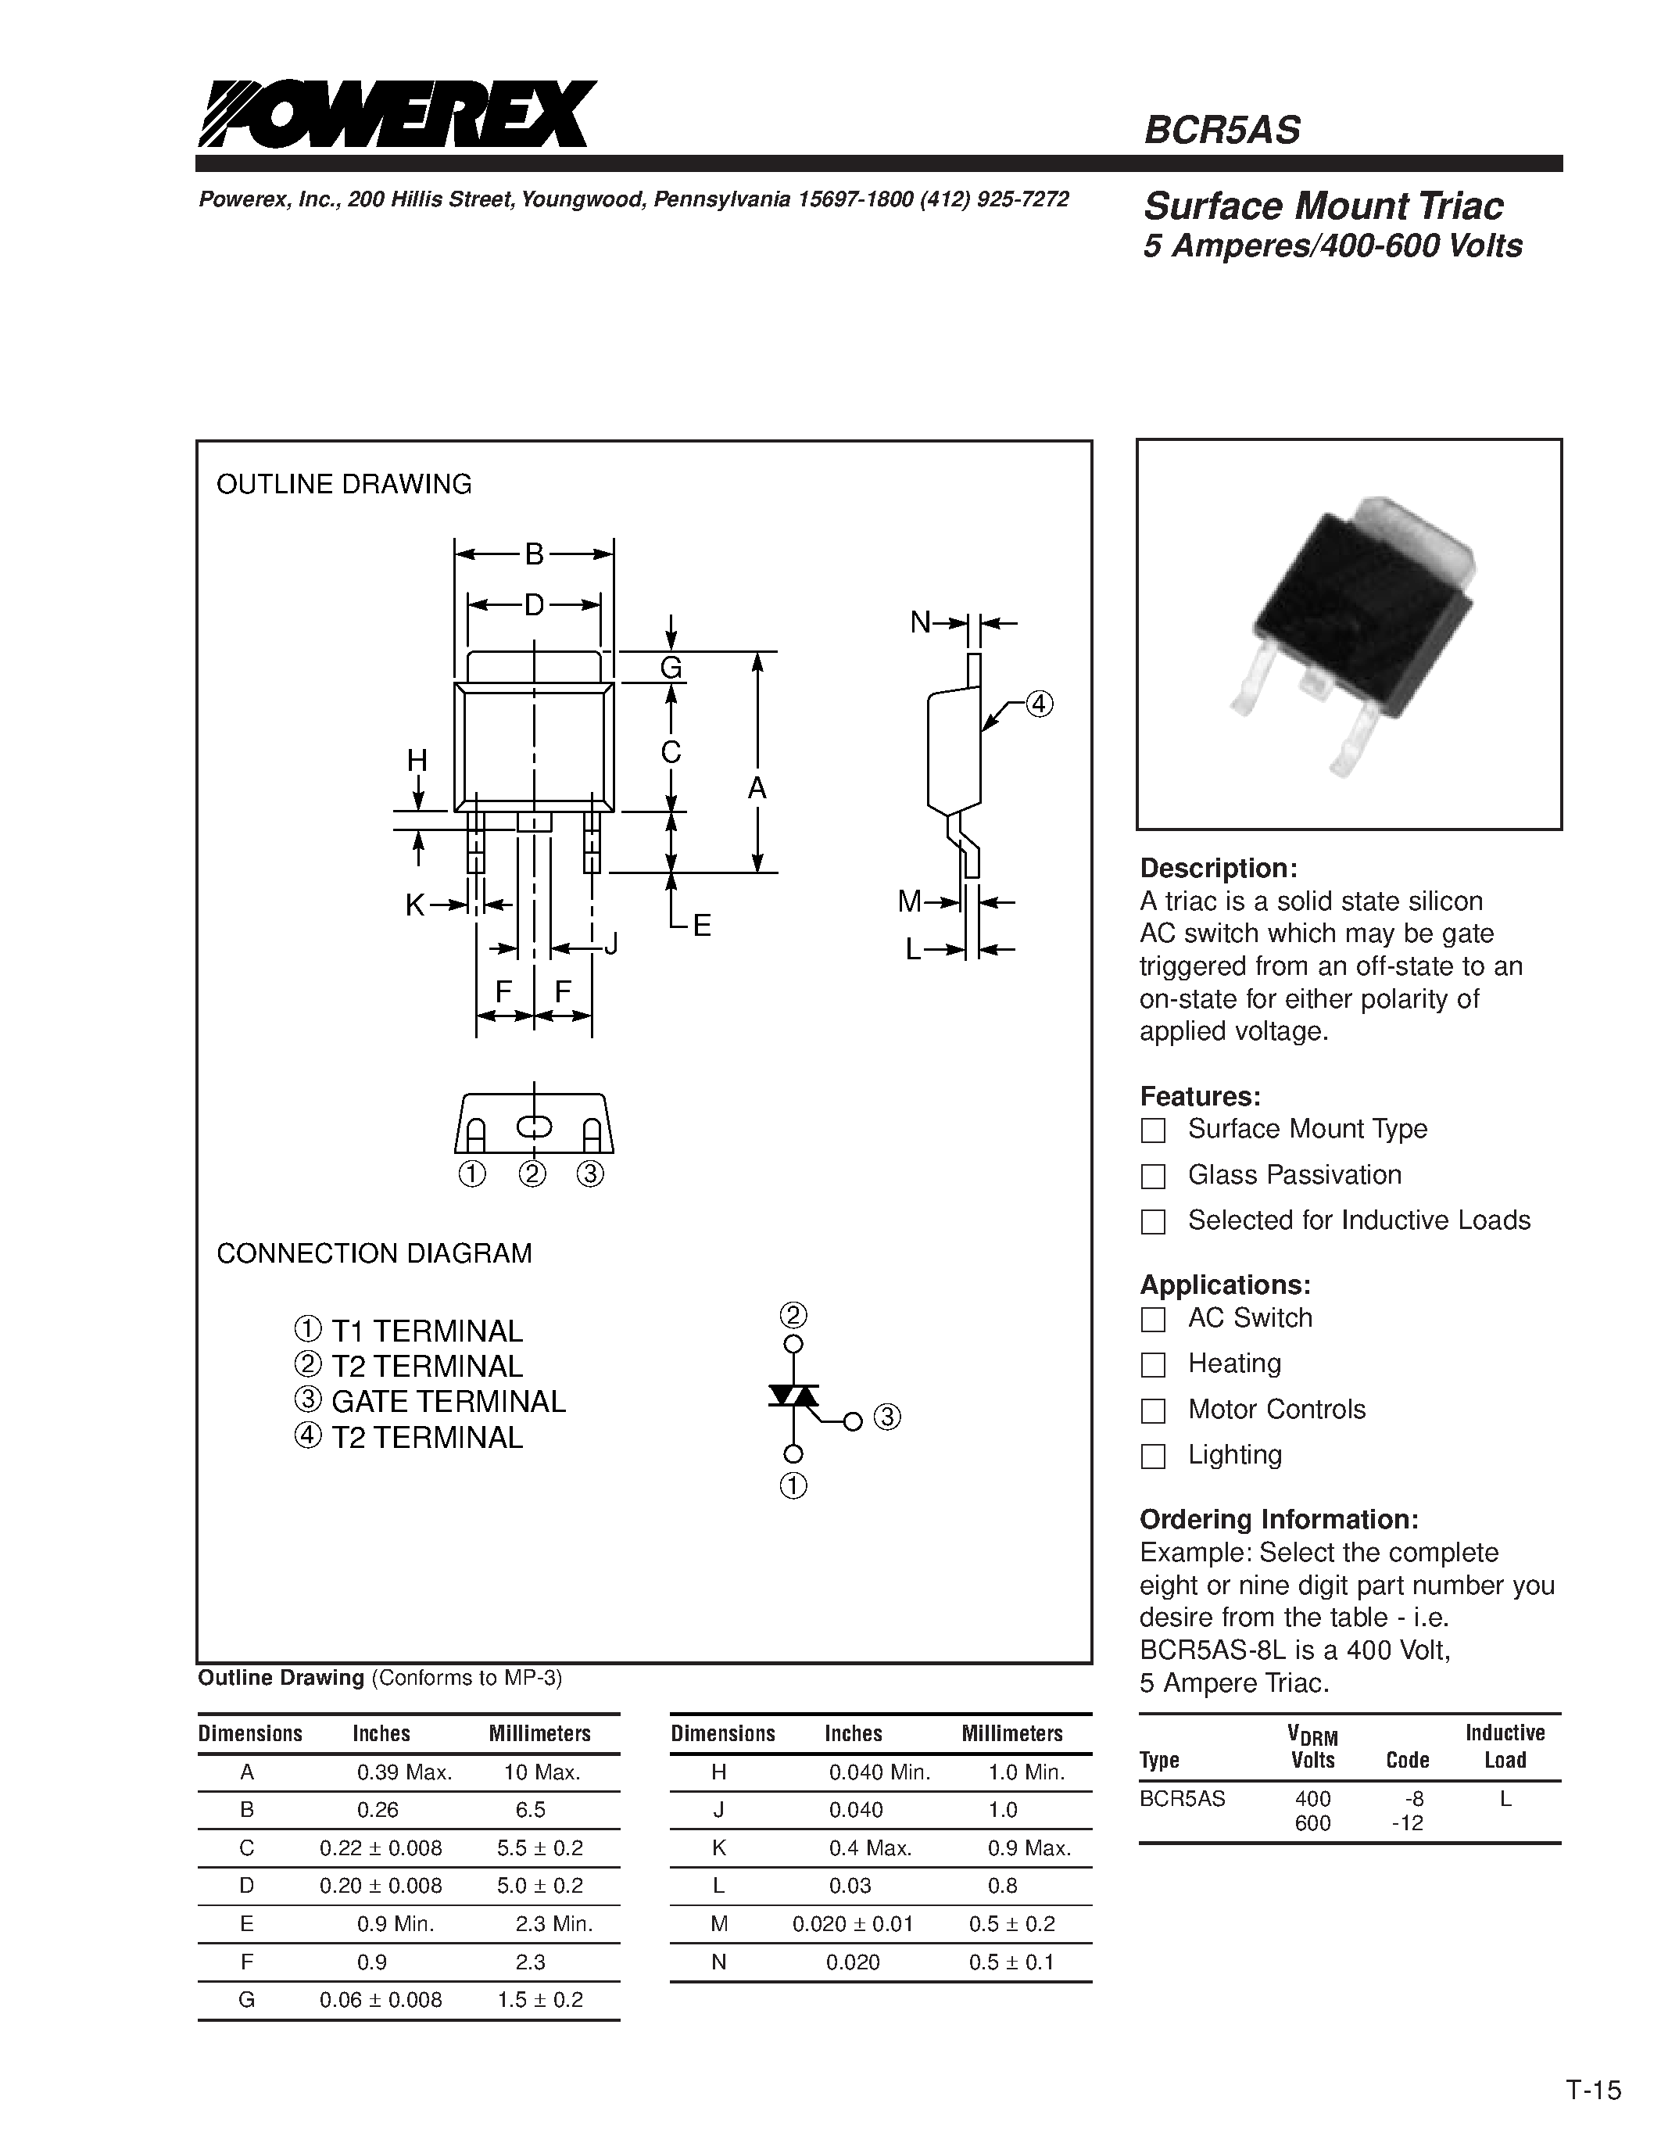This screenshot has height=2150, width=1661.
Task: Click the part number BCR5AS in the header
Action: (1221, 130)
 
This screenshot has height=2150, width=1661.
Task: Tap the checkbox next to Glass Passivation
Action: (1152, 1175)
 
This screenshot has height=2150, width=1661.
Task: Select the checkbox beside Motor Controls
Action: (1152, 1410)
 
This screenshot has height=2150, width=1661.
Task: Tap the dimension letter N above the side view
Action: (920, 622)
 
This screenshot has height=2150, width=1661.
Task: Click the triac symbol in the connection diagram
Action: (793, 1396)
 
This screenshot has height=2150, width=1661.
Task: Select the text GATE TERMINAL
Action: (448, 1401)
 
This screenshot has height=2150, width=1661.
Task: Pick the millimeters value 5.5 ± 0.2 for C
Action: (539, 1847)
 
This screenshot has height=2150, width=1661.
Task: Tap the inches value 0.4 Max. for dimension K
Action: (870, 1847)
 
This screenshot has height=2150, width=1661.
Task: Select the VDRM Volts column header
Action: (1312, 1748)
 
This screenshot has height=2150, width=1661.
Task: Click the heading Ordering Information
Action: (1278, 1519)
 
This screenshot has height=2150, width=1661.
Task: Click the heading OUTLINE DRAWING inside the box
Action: (343, 485)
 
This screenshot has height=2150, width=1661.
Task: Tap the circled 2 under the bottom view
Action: (532, 1174)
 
